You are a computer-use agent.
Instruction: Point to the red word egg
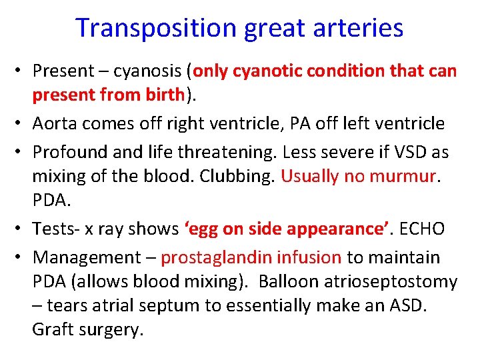coord(200,228)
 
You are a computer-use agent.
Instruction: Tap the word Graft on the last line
coord(52,329)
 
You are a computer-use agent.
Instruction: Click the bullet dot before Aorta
coord(21,124)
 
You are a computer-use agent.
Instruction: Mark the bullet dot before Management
coord(21,258)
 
